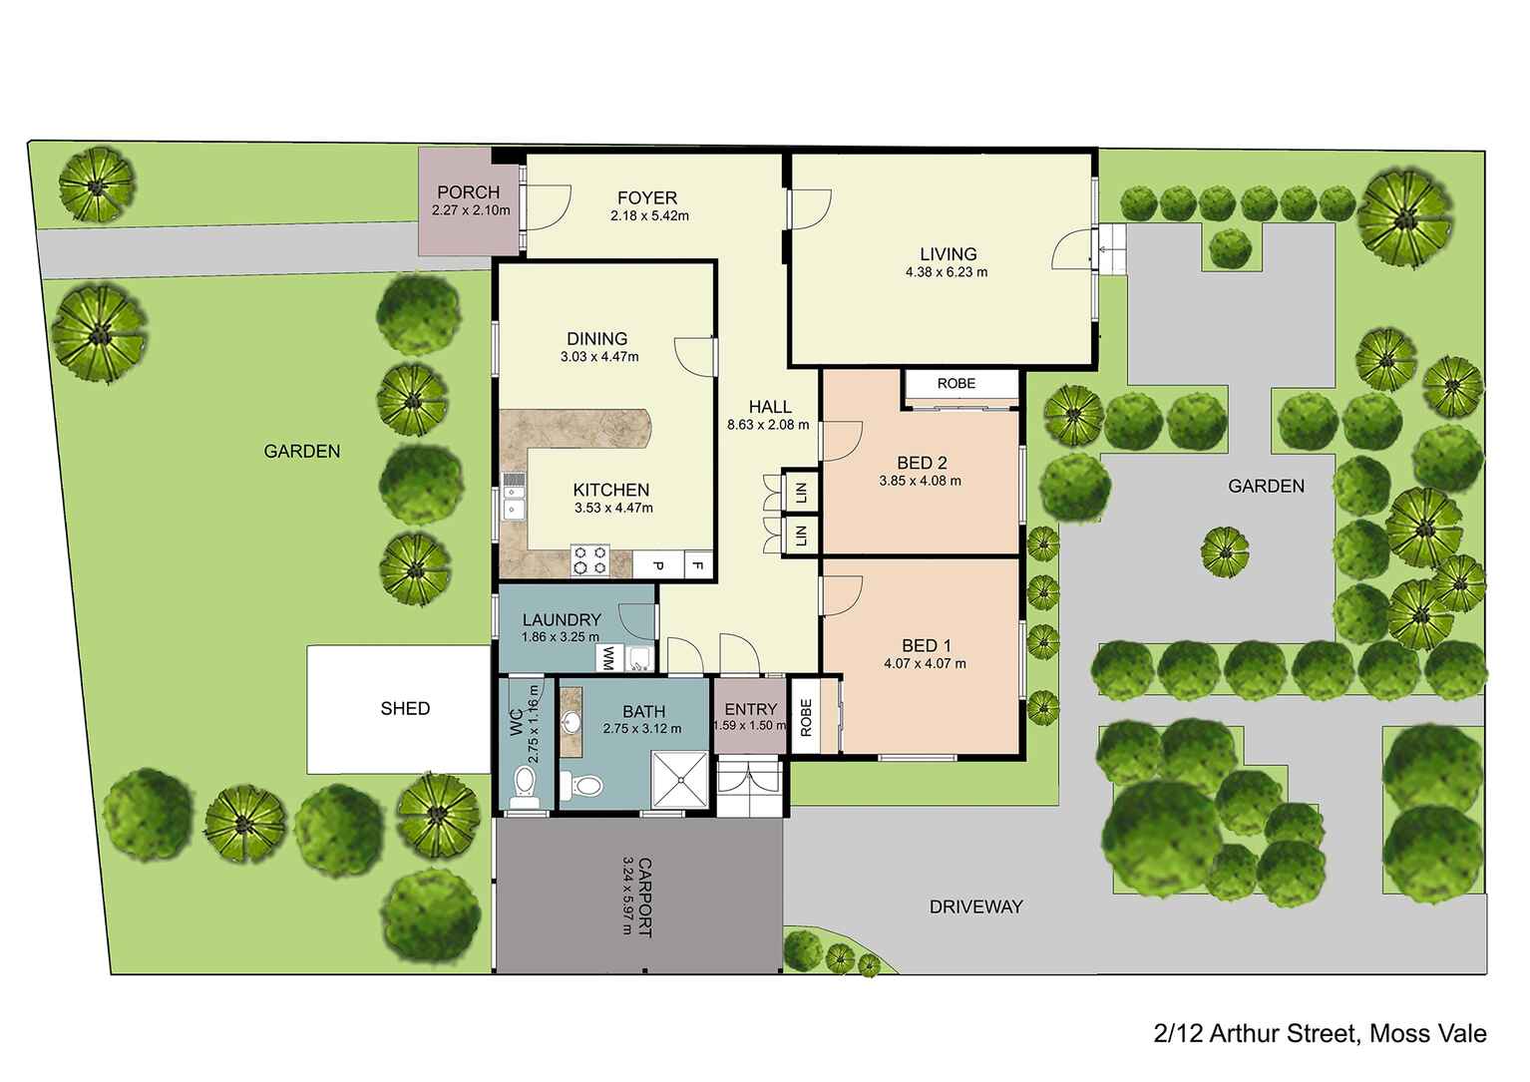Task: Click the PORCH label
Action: pos(468,192)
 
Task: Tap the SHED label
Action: pos(405,708)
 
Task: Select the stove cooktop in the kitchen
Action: pos(588,560)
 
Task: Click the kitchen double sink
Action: pos(514,497)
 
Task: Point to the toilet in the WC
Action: pos(523,787)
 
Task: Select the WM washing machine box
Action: pos(605,658)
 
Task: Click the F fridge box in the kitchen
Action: pos(698,566)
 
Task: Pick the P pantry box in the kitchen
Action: pos(658,566)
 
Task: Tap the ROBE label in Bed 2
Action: pos(956,384)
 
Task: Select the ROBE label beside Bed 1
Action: pos(805,717)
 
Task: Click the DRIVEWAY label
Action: pos(975,906)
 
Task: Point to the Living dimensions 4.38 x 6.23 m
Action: pos(947,271)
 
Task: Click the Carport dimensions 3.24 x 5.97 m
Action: pos(627,896)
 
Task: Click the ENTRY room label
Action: pos(750,710)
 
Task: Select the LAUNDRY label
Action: pos(561,620)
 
